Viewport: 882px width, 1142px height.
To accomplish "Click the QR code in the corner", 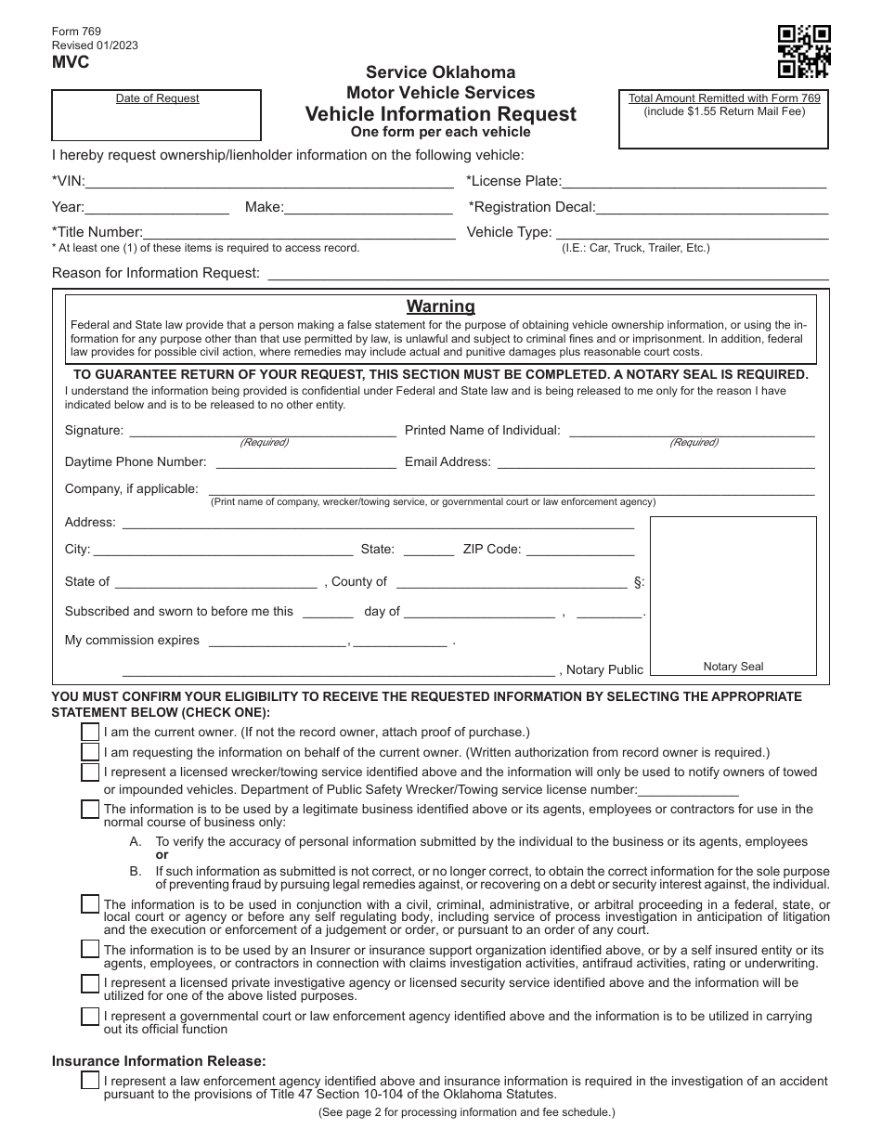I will click(x=803, y=51).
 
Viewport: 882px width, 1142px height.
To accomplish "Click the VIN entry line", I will click(x=269, y=182).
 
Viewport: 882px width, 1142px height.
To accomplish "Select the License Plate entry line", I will click(x=694, y=182).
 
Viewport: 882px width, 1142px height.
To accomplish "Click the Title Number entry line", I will click(x=299, y=233).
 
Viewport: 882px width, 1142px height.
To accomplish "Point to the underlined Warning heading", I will click(x=441, y=306).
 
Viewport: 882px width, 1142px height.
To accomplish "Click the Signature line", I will click(x=262, y=431).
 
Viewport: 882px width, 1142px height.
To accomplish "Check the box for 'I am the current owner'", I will click(x=90, y=732).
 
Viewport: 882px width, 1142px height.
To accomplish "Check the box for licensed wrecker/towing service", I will click(x=90, y=772).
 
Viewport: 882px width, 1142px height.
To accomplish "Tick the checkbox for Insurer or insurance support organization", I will click(x=90, y=949).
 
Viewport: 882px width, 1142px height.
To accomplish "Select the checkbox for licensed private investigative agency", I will click(x=90, y=983).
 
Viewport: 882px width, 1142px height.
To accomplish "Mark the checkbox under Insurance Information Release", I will click(x=90, y=1081).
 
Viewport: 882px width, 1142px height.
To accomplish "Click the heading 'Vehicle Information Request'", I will click(x=441, y=114).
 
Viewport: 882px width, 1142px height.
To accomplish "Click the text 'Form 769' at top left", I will click(x=75, y=31).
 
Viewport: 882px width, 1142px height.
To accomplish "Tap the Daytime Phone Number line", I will click(x=305, y=462).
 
